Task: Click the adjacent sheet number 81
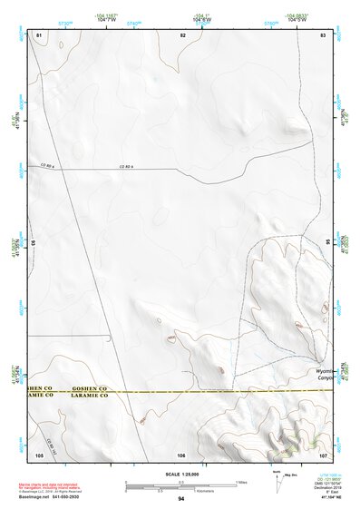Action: coord(39,34)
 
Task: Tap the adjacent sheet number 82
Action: coord(182,34)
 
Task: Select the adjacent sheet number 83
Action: coord(323,34)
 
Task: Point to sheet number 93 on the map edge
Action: coord(32,243)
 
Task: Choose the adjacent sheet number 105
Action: coord(39,454)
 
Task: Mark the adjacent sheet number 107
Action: coord(323,454)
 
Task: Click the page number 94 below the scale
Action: coord(181,500)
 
